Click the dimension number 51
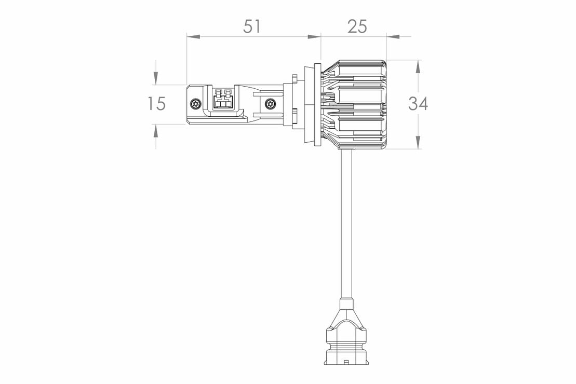click(252, 26)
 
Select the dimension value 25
click(357, 26)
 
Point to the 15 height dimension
click(156, 104)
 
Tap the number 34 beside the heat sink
click(418, 104)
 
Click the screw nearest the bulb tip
click(196, 104)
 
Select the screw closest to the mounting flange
click(271, 104)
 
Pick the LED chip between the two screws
click(223, 99)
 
